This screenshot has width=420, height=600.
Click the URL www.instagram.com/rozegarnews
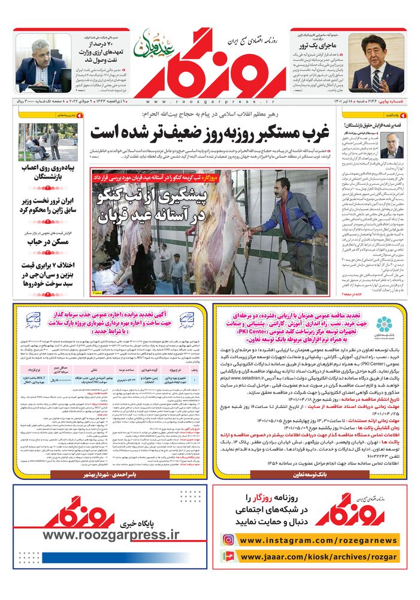tap(318, 541)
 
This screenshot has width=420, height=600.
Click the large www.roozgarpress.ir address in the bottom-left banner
tap(111, 535)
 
